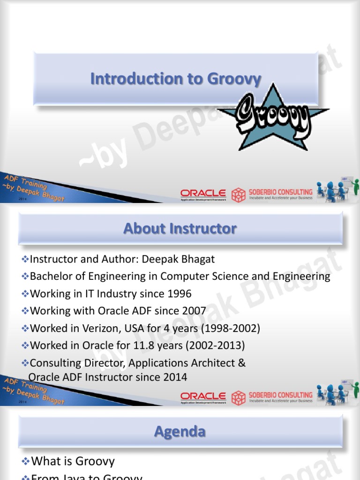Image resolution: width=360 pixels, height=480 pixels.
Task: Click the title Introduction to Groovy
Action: click(175, 79)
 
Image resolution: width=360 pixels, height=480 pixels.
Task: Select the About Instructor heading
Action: click(180, 229)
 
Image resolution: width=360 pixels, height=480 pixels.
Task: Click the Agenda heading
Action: click(180, 431)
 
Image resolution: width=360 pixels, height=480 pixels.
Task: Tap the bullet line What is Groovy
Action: click(73, 461)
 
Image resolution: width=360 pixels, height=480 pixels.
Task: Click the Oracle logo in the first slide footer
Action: click(203, 194)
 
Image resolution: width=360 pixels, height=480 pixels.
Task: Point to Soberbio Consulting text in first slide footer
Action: click(280, 192)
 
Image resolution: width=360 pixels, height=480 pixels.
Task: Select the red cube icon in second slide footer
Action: click(239, 397)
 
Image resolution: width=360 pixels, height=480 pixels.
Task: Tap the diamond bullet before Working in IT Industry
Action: click(25, 294)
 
